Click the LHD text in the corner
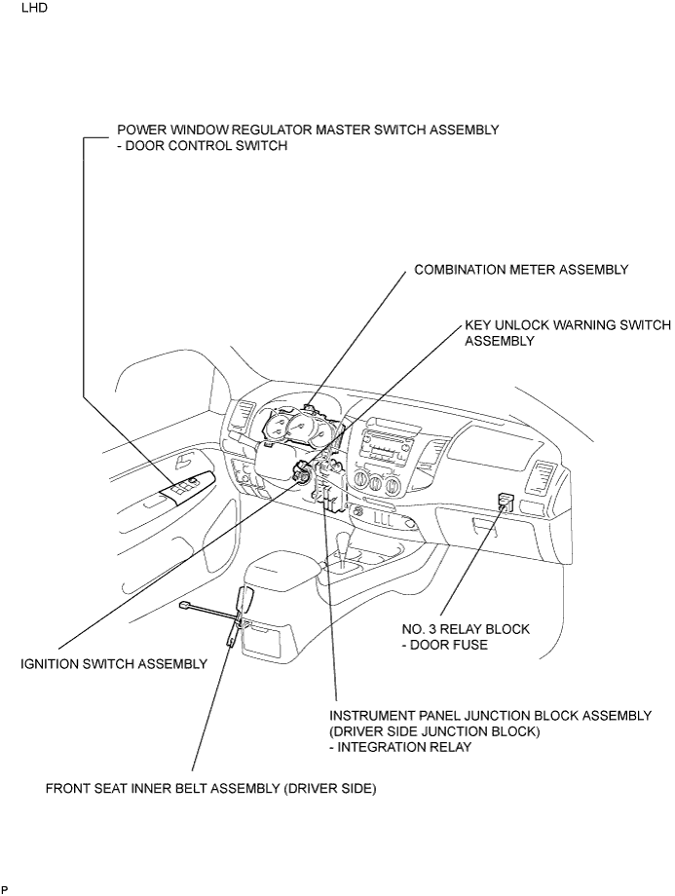point(34,9)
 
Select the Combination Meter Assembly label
point(521,269)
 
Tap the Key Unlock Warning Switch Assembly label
point(568,333)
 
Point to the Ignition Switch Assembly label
point(114,664)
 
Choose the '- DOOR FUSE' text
point(445,645)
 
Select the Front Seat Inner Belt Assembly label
point(211,789)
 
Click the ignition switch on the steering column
point(301,471)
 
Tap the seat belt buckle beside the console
point(244,601)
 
